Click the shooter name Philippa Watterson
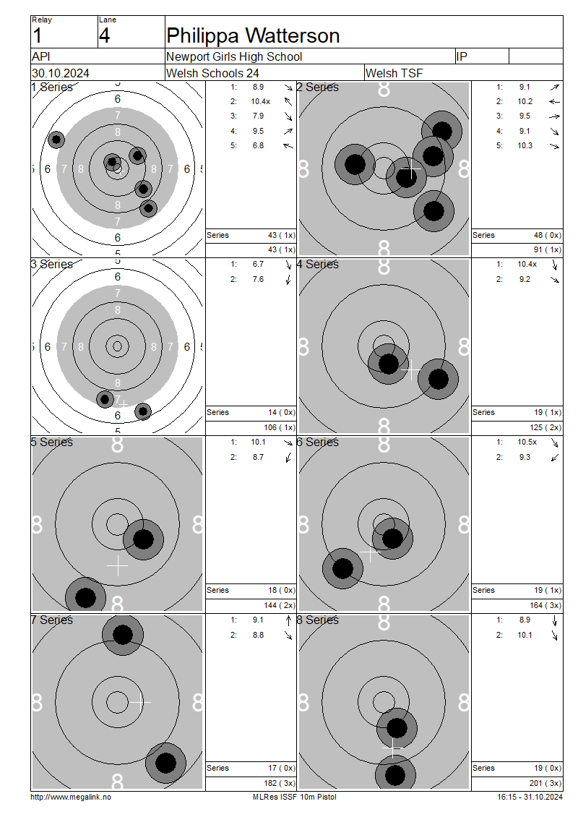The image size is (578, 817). click(253, 36)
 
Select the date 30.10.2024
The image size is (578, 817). click(61, 73)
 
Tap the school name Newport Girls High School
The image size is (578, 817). click(234, 56)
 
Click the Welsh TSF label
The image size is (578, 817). click(394, 73)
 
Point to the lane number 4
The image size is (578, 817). click(105, 36)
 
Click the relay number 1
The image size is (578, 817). click(37, 36)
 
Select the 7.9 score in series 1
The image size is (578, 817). click(258, 116)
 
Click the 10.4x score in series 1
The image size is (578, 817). click(260, 101)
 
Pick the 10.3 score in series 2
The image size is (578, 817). click(525, 145)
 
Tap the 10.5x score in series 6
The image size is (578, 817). click(527, 442)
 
